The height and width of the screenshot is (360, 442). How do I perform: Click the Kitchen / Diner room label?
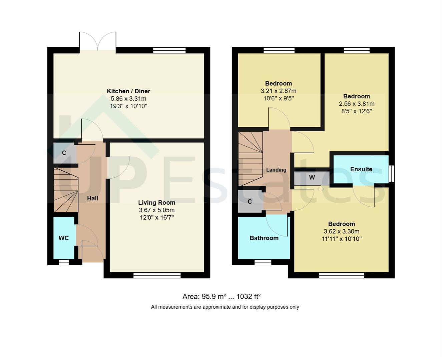(x=128, y=91)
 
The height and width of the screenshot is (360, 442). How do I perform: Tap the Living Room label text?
(x=156, y=202)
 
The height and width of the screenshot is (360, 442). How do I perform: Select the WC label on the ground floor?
(x=64, y=238)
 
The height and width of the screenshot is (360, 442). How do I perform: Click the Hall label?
(x=92, y=198)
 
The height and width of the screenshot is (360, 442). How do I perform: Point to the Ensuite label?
(x=361, y=169)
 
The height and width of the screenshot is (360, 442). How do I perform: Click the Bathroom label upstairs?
(x=264, y=238)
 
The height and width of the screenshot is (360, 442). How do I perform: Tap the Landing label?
(x=276, y=170)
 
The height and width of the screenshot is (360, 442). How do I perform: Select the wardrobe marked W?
(x=312, y=177)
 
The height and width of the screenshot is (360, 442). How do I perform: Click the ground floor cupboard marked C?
(x=64, y=153)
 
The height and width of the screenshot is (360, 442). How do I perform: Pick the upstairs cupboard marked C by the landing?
(x=250, y=201)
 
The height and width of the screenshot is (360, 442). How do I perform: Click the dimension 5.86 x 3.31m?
(x=128, y=99)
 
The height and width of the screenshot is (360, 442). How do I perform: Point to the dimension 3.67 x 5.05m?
(x=156, y=210)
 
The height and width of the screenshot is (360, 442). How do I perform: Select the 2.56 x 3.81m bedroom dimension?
(x=356, y=104)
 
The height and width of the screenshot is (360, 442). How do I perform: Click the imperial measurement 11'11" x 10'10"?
(x=341, y=239)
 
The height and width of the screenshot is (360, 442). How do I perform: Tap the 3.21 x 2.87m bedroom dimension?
(x=278, y=91)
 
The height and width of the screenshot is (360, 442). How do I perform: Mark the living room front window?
(x=157, y=275)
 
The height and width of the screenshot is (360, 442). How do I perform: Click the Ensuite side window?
(x=392, y=174)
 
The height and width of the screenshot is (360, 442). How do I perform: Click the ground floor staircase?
(x=66, y=190)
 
